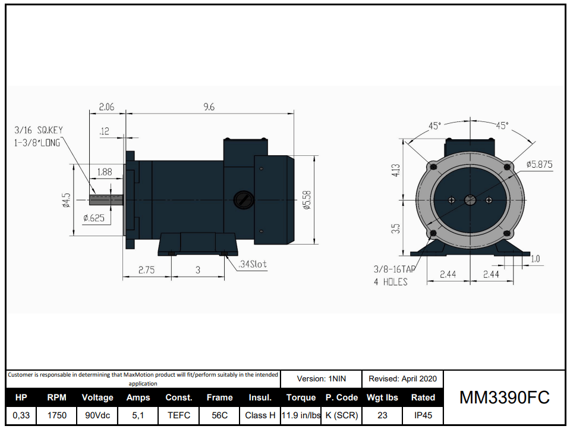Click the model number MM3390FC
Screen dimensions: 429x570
(504, 397)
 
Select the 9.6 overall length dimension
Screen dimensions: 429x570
(209, 107)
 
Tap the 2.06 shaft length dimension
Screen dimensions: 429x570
(106, 107)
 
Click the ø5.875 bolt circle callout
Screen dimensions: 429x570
(539, 165)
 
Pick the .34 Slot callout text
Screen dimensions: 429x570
(252, 264)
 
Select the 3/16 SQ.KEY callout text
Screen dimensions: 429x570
(38, 130)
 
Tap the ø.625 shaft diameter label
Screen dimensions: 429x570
(94, 218)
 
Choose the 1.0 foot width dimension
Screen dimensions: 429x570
(535, 259)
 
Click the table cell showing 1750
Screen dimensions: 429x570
(57, 415)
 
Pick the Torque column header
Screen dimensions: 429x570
(301, 397)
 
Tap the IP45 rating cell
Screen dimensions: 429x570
(423, 415)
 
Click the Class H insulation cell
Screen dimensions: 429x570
(260, 415)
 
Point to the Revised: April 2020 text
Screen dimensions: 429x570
(402, 378)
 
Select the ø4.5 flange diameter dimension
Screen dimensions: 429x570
(67, 200)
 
